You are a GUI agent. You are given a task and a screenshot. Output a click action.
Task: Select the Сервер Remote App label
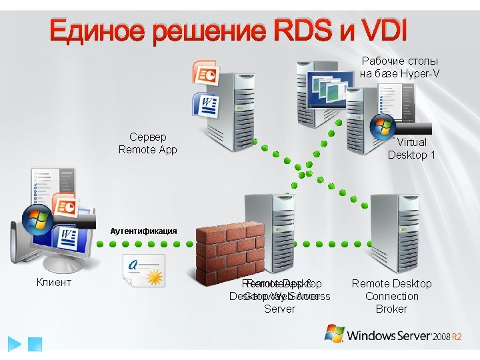coord(147,143)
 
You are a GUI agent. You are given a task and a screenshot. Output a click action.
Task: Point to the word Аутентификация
coord(143,231)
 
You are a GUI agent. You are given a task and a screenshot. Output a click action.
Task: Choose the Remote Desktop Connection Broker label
coord(391,296)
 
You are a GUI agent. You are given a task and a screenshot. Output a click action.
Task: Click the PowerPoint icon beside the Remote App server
coord(205,75)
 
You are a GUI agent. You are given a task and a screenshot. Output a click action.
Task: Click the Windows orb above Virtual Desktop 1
coord(383,127)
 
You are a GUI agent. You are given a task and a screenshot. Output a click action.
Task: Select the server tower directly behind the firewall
coord(270,220)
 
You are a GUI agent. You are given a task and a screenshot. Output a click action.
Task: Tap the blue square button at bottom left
coord(35,344)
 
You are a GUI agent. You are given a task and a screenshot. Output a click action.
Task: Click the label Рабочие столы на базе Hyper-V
coord(400,67)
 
